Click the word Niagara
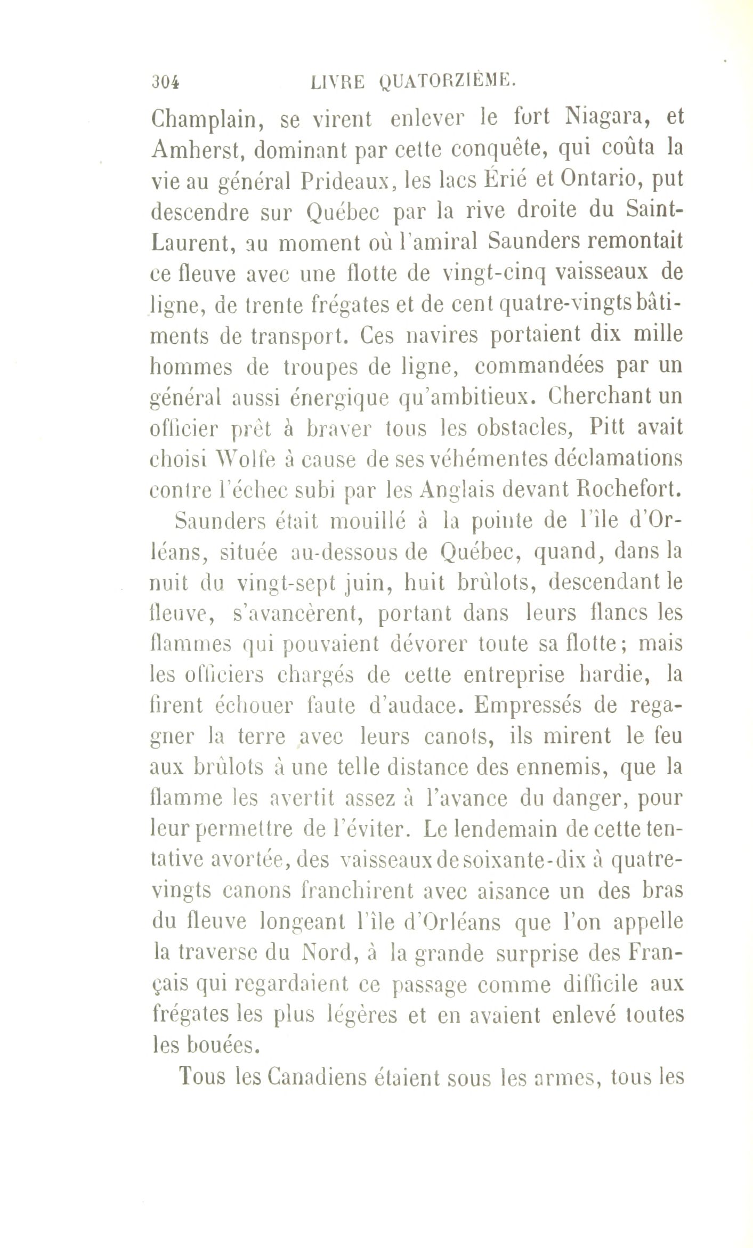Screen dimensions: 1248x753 (x=596, y=118)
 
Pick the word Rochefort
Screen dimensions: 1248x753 (x=629, y=490)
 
